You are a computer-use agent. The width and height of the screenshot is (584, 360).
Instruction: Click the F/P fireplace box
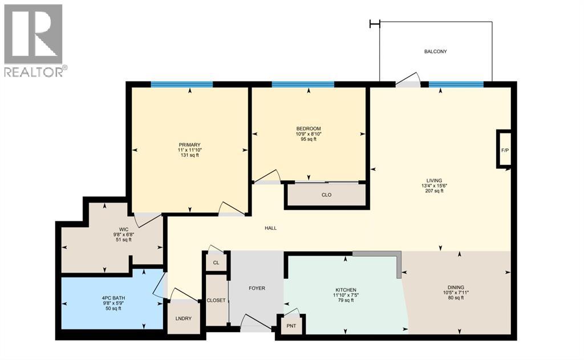504,149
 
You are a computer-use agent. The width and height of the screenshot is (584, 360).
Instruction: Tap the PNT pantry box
291,325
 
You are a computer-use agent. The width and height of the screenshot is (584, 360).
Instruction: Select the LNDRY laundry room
184,318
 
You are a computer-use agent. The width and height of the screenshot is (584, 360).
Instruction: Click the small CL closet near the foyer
216,263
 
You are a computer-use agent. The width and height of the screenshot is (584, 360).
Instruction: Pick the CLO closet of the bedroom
326,195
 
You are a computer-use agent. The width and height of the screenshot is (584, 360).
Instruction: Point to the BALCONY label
435,51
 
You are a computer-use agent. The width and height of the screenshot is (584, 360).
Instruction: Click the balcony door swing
408,81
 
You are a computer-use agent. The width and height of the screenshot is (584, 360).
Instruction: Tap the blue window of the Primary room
182,84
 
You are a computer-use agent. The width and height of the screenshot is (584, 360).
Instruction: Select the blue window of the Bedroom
303,84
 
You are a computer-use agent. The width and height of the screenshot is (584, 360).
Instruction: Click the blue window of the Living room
456,84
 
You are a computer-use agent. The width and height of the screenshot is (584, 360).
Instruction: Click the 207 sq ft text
433,191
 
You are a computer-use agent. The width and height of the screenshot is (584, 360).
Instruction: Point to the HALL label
270,228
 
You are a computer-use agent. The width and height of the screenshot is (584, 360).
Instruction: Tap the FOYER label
257,288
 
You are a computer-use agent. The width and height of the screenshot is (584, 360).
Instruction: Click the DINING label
455,287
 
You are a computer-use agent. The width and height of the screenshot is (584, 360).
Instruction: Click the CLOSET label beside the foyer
216,300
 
